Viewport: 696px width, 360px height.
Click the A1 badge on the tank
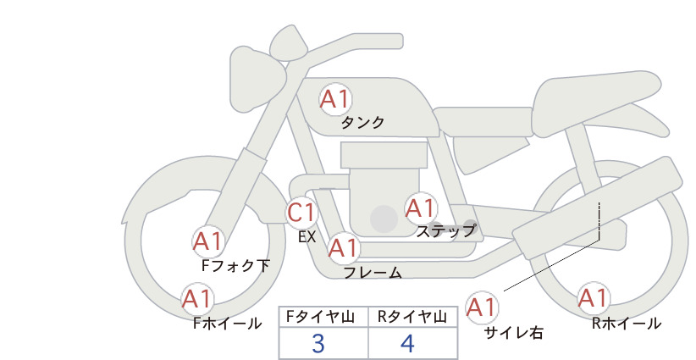[335, 99]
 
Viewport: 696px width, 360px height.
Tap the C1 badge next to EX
[301, 213]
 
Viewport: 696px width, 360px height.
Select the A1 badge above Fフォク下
[207, 242]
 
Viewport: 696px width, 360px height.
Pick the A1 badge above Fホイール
[197, 299]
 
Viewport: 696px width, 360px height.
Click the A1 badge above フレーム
[344, 248]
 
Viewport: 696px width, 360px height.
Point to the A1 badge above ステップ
[420, 208]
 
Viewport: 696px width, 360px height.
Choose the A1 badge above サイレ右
[482, 307]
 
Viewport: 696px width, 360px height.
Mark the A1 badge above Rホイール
[593, 298]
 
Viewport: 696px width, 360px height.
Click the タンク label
[362, 123]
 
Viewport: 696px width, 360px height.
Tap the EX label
[307, 237]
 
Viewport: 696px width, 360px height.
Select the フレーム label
[373, 273]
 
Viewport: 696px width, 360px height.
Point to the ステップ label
[446, 231]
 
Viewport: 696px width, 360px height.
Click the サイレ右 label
[514, 333]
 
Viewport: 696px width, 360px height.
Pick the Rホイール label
[627, 324]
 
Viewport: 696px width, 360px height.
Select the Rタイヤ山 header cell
[413, 317]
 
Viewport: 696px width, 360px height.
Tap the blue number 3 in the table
[318, 343]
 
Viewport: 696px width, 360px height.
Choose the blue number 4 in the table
[407, 343]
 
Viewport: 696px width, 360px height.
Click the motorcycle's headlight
[257, 83]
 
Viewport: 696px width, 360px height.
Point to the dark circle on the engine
[384, 219]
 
